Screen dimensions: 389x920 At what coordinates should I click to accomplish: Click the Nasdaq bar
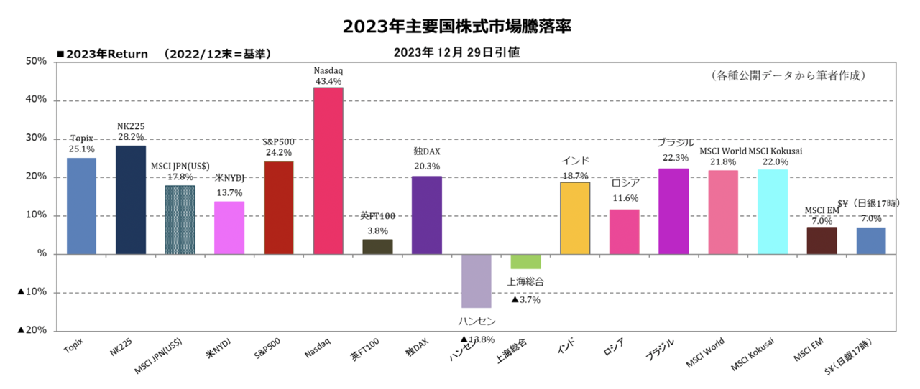click(328, 171)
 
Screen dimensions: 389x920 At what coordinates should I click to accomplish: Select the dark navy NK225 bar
click(131, 200)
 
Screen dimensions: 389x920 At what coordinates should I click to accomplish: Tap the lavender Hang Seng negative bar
click(477, 281)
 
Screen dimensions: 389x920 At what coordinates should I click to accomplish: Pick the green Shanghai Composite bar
click(525, 261)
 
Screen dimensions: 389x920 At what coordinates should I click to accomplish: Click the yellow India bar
click(575, 218)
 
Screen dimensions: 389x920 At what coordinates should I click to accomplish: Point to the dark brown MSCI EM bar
click(822, 240)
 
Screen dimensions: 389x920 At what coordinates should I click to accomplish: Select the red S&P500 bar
click(279, 207)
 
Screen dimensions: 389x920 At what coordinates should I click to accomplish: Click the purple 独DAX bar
click(427, 215)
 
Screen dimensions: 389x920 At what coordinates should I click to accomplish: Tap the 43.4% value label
click(328, 82)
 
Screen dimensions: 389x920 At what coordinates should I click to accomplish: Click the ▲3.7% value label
click(525, 300)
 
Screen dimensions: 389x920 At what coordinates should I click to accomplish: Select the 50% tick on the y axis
click(36, 62)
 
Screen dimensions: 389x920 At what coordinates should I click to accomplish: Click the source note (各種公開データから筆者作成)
click(786, 75)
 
